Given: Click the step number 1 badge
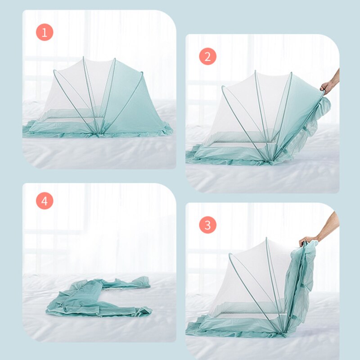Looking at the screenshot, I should tap(45, 32).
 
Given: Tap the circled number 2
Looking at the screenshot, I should tap(207, 57).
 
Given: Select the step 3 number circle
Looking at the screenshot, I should tap(207, 225).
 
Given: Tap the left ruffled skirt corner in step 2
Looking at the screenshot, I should tap(192, 157).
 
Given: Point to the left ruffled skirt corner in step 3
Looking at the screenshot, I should tap(192, 331).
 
